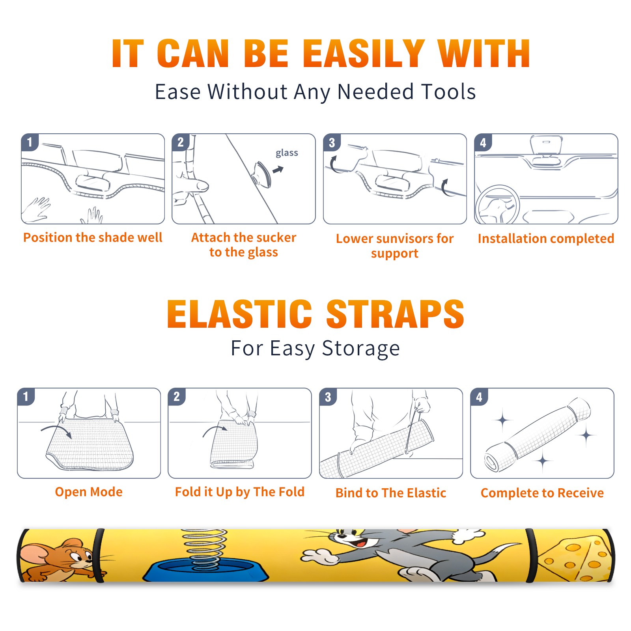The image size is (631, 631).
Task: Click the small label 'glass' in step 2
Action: pyautogui.click(x=287, y=153)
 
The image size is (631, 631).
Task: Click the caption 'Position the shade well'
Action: pyautogui.click(x=93, y=237)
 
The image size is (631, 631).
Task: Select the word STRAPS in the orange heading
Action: pyautogui.click(x=395, y=314)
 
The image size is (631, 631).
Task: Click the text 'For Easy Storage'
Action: pyautogui.click(x=315, y=348)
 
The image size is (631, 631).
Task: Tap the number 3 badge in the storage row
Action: pyautogui.click(x=328, y=397)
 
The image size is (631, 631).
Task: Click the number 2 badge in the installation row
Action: pyautogui.click(x=181, y=142)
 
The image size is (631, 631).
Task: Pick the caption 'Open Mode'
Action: pyautogui.click(x=89, y=492)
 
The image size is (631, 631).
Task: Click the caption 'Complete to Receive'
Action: pyautogui.click(x=542, y=493)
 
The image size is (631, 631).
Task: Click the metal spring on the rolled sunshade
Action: pyautogui.click(x=204, y=549)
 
